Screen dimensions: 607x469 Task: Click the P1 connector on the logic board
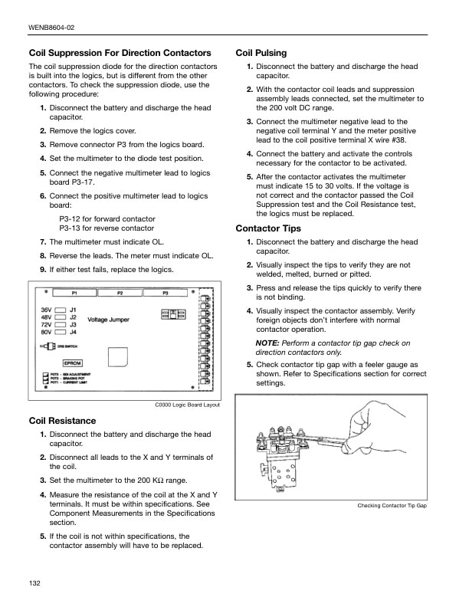click(75, 294)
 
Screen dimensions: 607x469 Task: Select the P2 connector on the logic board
click(120, 294)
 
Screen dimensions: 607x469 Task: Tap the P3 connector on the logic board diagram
click(166, 294)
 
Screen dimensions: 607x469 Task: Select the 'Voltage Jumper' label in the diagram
click(109, 320)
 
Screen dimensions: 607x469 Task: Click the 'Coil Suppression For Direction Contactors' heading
click(120, 53)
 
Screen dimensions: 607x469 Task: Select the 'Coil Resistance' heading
click(62, 421)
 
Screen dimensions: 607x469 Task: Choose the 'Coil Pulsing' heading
click(261, 53)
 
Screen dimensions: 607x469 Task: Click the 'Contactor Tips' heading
click(268, 228)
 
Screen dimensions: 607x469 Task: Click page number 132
click(34, 583)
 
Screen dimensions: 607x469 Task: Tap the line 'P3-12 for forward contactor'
click(107, 219)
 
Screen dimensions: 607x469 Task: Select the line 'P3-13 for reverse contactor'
click(107, 228)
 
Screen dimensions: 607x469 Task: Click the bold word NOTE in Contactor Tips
click(267, 343)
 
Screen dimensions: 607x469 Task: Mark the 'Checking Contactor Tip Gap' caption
click(392, 507)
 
